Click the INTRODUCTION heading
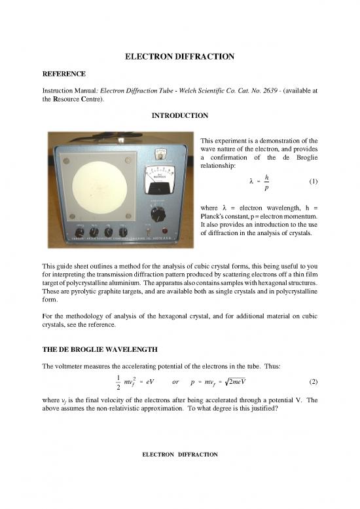tap(180, 116)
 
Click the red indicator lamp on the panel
tap(172, 231)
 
